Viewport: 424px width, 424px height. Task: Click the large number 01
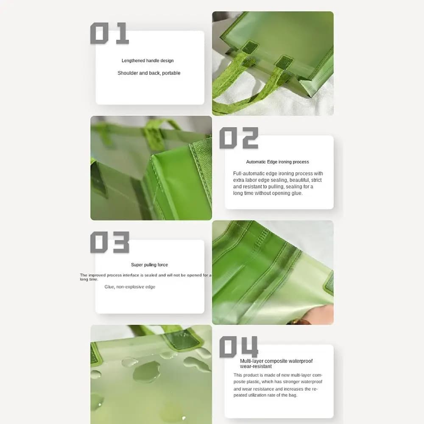[109, 33]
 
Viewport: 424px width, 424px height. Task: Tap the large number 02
[239, 138]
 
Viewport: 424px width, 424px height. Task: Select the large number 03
[110, 242]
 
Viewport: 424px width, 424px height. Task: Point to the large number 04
[239, 347]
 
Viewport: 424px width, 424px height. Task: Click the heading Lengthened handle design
[148, 61]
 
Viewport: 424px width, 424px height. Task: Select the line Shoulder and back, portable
[149, 73]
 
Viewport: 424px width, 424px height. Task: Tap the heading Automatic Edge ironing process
[277, 162]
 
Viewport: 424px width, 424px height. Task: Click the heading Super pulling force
[150, 265]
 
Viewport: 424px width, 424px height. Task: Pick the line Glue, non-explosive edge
[130, 287]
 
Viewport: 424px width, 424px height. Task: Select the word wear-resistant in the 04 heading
[256, 366]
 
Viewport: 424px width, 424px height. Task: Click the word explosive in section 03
[135, 287]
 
